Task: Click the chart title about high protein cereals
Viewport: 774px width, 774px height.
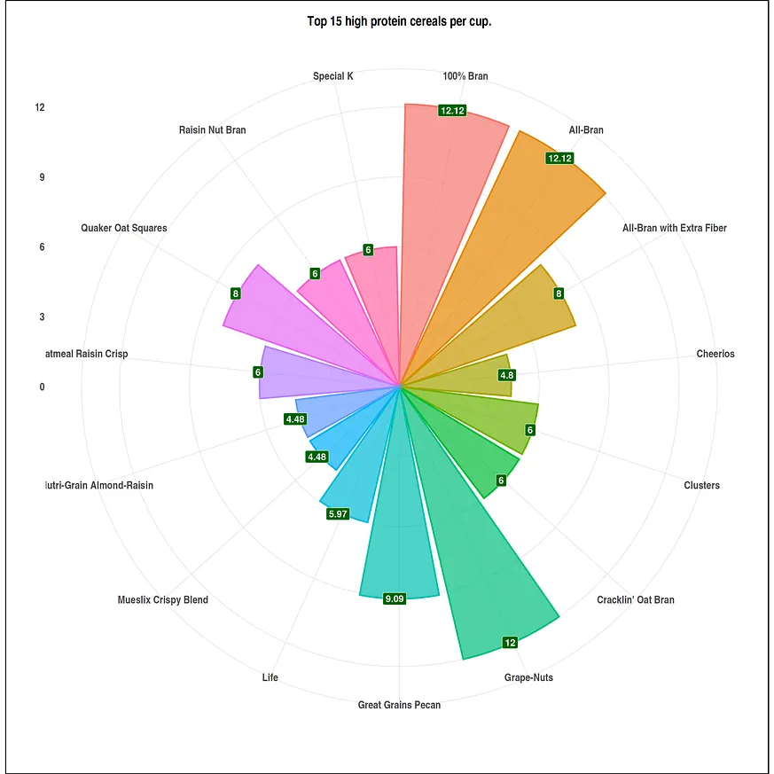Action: pos(399,21)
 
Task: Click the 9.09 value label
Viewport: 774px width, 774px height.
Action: pos(395,599)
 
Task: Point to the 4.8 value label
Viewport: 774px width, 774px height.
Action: pos(506,375)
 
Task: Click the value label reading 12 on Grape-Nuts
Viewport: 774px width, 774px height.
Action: pos(510,643)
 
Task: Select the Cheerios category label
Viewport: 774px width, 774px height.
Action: pos(715,354)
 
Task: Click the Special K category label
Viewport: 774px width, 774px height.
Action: pos(333,76)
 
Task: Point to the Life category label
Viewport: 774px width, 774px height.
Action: pos(270,677)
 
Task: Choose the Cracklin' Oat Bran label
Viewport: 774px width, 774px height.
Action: pos(636,600)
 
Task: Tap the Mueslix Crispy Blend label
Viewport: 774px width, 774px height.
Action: pos(163,600)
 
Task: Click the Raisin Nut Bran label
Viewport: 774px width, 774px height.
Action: pos(213,130)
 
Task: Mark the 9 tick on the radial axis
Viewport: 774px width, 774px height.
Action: pos(42,177)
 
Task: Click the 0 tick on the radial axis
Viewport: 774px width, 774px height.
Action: pos(42,387)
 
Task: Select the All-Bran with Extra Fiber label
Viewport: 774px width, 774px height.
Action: pos(675,228)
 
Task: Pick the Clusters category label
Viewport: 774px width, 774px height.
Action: pos(702,485)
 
